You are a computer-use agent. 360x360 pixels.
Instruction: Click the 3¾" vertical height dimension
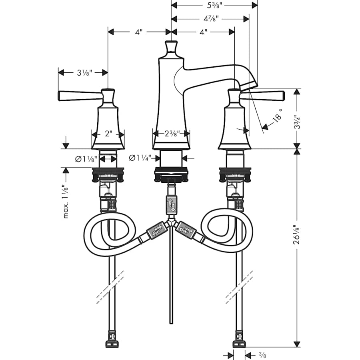296,119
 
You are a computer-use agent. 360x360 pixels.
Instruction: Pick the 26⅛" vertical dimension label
296,239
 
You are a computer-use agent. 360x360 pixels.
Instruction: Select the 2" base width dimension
108,134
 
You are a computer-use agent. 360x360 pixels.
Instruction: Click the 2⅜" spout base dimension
171,134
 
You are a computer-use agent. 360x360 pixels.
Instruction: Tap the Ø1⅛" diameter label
86,159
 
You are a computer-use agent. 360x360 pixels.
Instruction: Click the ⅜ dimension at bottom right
262,354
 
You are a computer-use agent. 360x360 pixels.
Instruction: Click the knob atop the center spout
171,47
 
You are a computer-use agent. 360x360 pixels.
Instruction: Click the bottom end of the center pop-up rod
171,322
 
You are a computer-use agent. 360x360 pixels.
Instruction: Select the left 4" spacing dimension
139,32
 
